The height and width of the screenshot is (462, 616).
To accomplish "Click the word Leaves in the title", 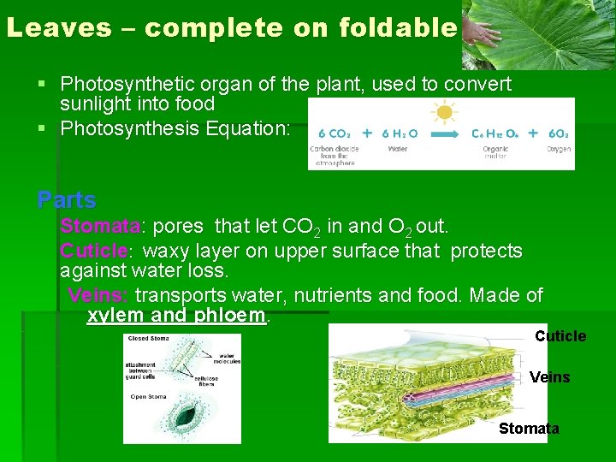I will [58, 28].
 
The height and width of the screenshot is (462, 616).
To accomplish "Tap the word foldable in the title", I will [398, 28].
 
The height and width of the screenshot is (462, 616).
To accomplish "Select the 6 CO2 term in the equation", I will [333, 133].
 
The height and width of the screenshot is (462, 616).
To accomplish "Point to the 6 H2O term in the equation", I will [400, 133].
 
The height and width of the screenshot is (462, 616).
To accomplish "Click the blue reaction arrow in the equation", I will [443, 133].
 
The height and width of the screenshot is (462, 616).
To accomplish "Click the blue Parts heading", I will [67, 200].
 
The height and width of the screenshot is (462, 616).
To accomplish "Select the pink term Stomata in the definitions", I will [100, 227].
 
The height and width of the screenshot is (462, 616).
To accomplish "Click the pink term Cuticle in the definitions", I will [93, 251].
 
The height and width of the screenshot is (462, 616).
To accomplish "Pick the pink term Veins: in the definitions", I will [98, 295].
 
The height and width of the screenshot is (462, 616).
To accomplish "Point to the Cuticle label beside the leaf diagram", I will [560, 336].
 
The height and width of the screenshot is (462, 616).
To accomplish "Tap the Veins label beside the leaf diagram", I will [549, 377].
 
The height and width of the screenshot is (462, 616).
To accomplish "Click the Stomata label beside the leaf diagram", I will [529, 429].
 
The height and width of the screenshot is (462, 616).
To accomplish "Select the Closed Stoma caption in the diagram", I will [148, 339].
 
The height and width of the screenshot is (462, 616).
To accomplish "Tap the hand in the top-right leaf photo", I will [487, 33].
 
